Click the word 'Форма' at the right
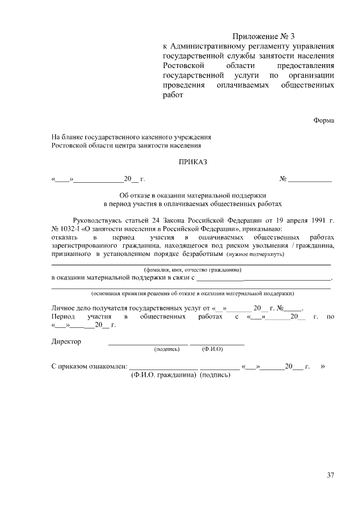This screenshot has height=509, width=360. click(x=323, y=120)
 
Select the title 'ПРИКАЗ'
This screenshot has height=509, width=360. click(x=193, y=163)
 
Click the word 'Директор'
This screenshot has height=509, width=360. click(x=66, y=341)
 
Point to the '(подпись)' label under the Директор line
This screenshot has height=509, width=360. click(x=166, y=349)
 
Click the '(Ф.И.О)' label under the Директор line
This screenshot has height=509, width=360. click(x=213, y=349)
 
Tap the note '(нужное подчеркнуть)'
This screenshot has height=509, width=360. click(x=255, y=255)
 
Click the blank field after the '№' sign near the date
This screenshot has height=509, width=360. click(x=310, y=180)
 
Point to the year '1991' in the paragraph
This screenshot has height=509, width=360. click(x=317, y=220)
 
